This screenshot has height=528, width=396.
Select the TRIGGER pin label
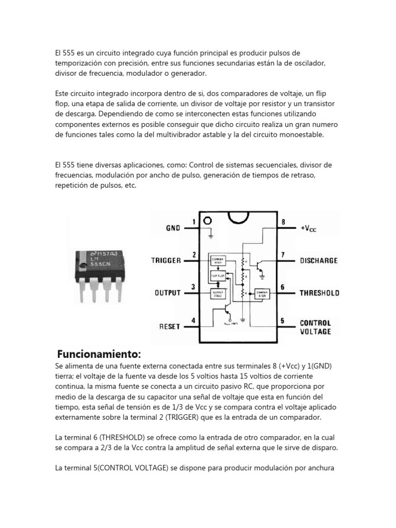click(166, 260)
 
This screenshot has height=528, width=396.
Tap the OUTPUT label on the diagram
click(168, 293)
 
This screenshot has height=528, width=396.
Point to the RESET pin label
click(170, 326)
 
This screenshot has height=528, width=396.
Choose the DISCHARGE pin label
click(319, 260)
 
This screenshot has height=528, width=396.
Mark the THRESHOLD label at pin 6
click(320, 293)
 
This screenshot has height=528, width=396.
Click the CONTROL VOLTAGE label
click(316, 327)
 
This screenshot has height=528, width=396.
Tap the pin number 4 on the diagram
click(193, 321)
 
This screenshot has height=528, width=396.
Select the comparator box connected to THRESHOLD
click(261, 293)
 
